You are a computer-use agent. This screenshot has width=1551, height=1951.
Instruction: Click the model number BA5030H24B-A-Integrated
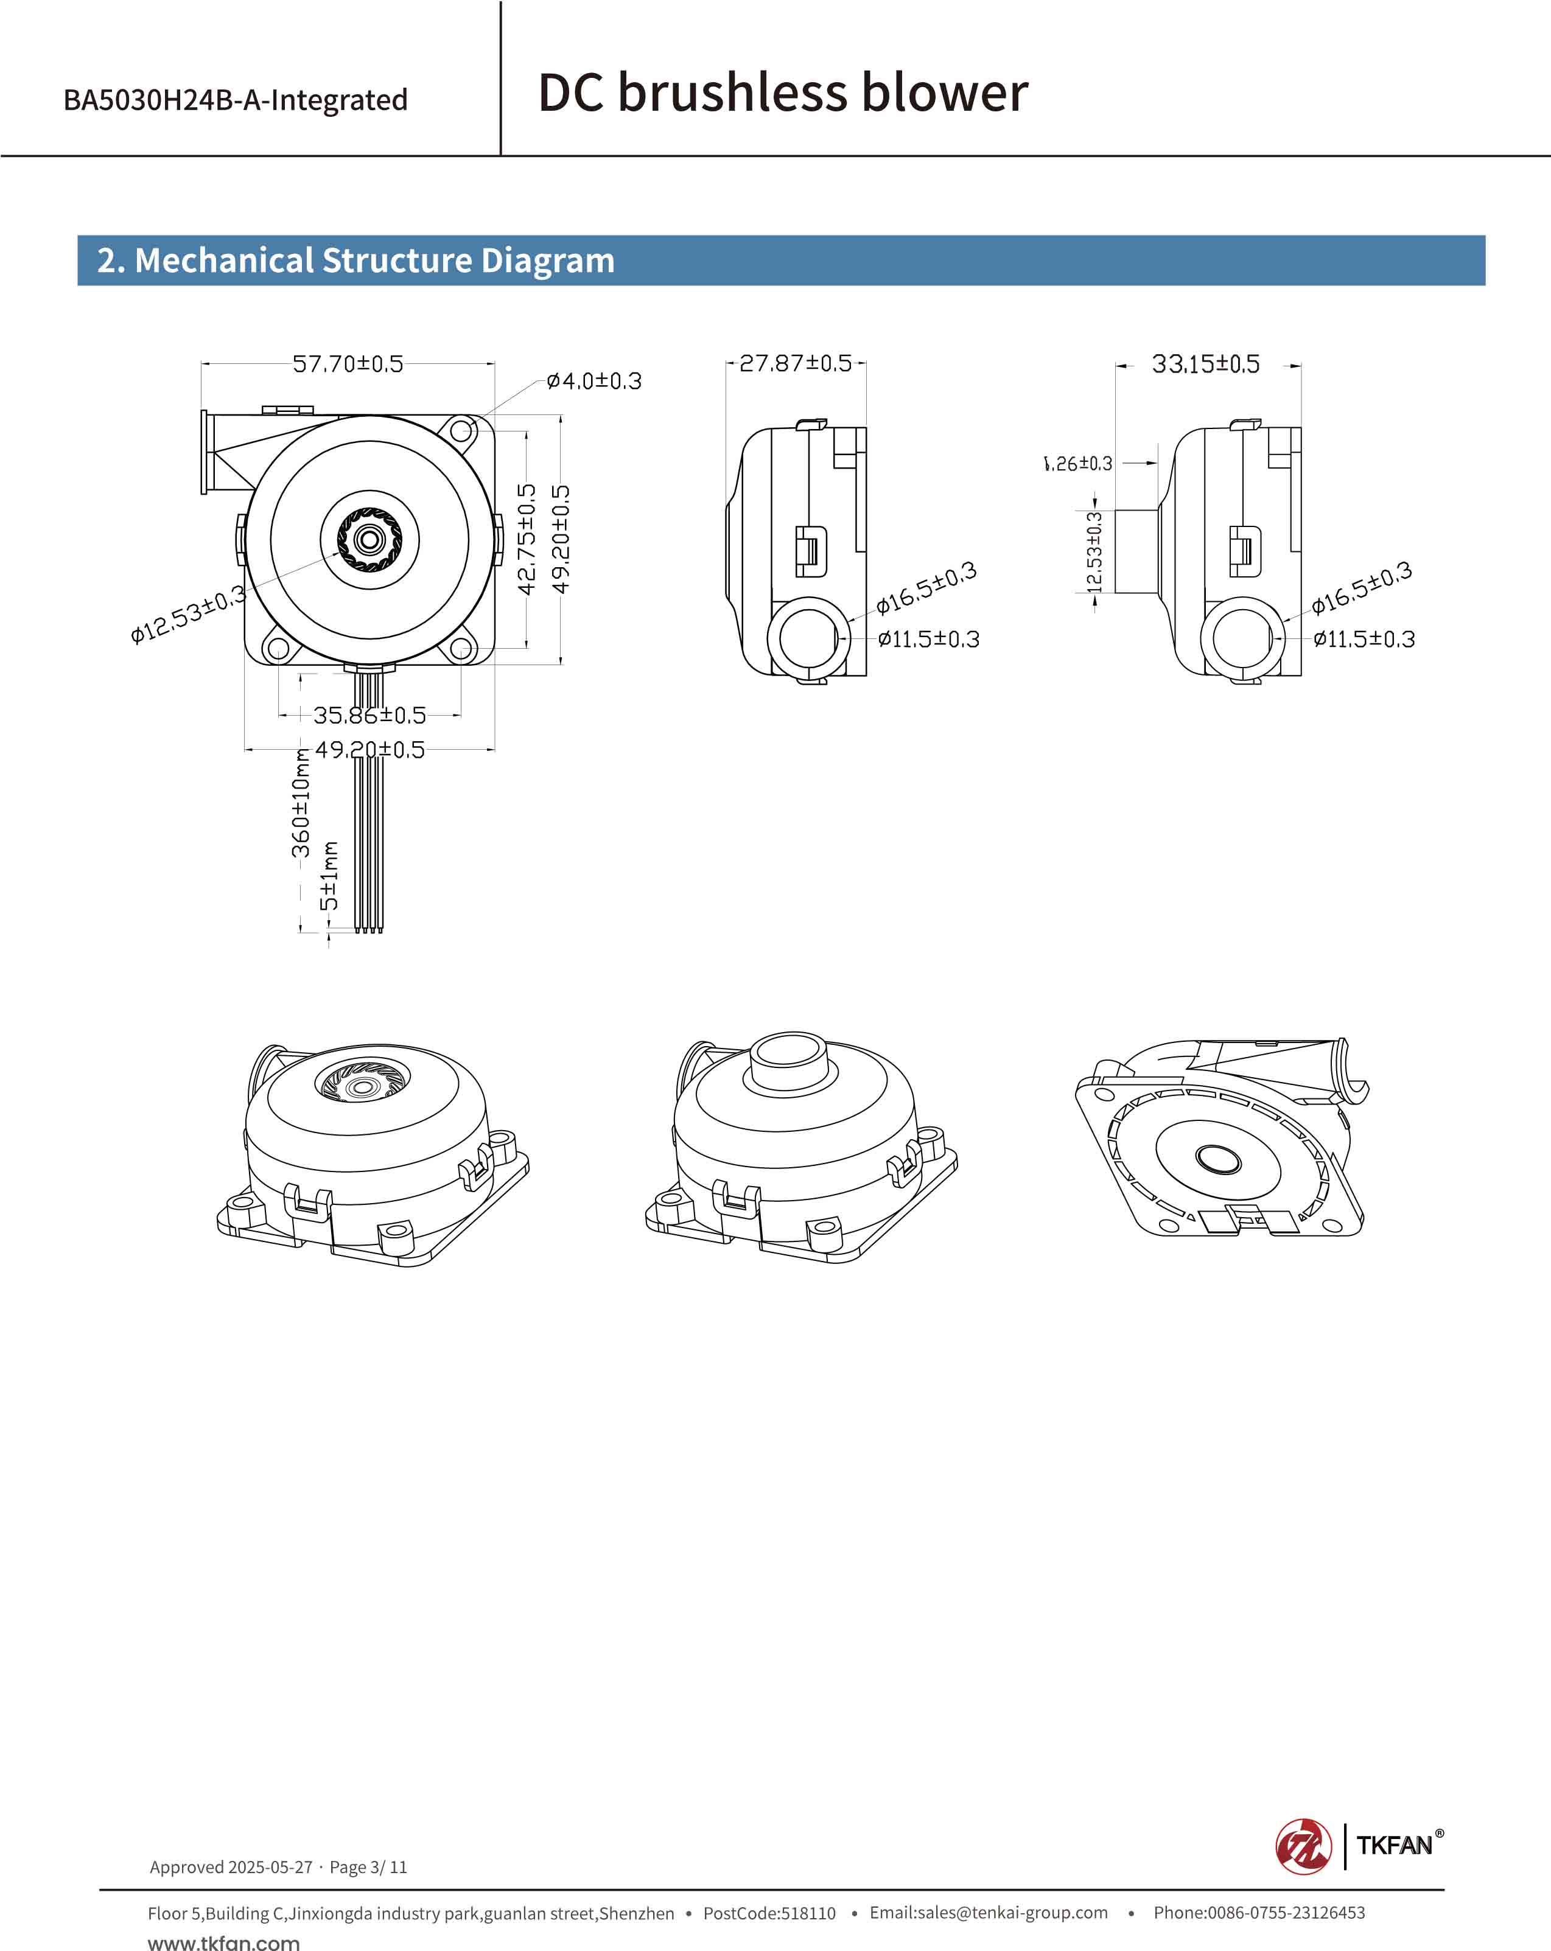[236, 100]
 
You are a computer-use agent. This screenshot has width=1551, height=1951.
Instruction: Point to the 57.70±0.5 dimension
[348, 364]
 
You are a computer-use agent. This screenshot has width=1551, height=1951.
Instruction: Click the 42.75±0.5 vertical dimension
[527, 539]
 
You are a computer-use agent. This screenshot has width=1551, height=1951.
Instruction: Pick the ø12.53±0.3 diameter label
[187, 615]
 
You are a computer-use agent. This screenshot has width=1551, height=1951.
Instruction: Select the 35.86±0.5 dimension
[369, 716]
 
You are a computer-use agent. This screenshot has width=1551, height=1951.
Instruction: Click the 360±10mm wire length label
[301, 803]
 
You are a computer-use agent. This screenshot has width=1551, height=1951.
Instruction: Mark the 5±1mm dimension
[329, 876]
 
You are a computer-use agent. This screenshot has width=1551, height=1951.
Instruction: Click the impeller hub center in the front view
[369, 540]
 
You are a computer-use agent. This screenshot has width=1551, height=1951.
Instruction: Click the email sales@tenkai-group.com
[988, 1912]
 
